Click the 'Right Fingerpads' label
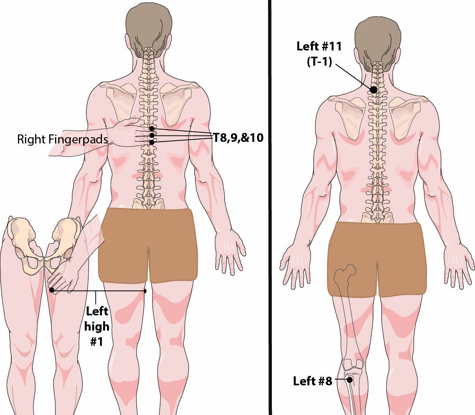(62, 140)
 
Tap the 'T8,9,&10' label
(238, 138)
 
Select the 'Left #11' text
(319, 46)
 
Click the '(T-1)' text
(319, 62)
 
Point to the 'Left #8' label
(312, 381)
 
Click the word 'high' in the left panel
(96, 327)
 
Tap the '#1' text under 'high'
(96, 342)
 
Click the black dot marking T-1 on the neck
(373, 89)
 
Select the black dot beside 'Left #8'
(350, 380)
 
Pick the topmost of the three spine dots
(152, 128)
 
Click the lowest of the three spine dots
(152, 142)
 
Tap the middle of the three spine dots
(152, 135)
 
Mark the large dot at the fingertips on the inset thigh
(52, 290)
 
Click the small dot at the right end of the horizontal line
(145, 291)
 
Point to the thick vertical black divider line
(270, 207)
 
